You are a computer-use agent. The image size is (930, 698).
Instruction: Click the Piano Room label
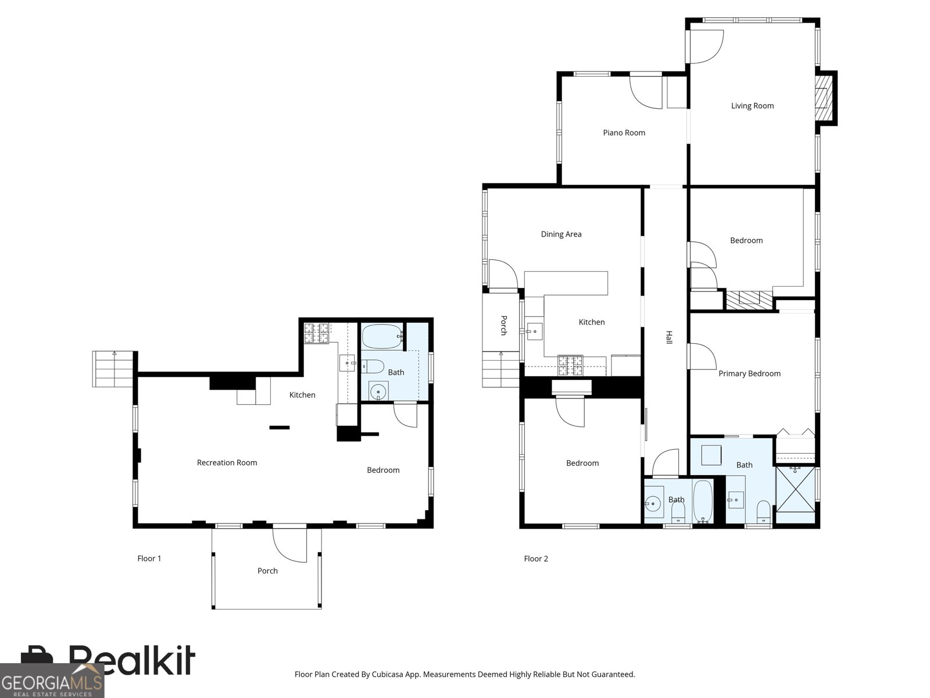click(x=624, y=133)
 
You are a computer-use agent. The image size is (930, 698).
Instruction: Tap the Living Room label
click(x=752, y=106)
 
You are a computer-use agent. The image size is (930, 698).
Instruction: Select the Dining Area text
click(x=561, y=234)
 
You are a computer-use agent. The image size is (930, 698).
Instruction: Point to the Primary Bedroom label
click(x=749, y=373)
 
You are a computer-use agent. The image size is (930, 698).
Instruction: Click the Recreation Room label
click(x=227, y=462)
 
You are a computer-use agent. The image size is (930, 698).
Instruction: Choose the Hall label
click(x=669, y=337)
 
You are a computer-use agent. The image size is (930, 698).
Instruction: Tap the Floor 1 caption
click(x=149, y=558)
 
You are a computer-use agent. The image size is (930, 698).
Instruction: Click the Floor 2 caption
click(x=536, y=558)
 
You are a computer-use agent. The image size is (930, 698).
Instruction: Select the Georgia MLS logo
click(x=52, y=681)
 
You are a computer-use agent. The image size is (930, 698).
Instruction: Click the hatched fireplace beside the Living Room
click(x=824, y=98)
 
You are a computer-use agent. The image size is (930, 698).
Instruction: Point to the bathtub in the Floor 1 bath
click(x=382, y=337)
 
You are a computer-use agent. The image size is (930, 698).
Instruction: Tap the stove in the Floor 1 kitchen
click(x=316, y=333)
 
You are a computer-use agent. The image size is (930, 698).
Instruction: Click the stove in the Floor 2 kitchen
click(x=570, y=365)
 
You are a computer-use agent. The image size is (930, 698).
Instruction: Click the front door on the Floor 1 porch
click(x=289, y=545)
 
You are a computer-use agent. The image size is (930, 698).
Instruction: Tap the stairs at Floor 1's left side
click(x=113, y=369)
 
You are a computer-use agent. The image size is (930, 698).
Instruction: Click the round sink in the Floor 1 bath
click(x=377, y=391)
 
